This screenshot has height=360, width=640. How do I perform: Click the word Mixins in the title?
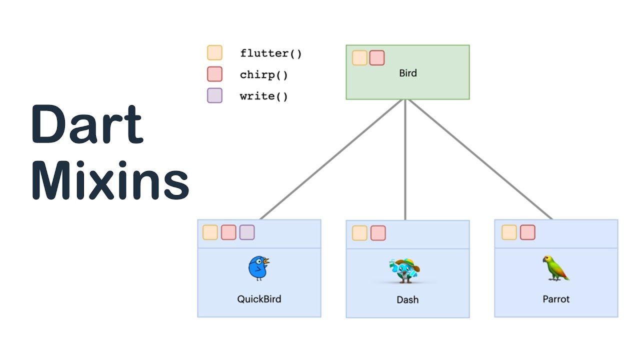pyautogui.click(x=110, y=181)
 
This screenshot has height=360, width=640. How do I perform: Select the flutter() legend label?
pyautogui.click(x=270, y=53)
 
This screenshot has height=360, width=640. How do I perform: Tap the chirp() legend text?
pyautogui.click(x=263, y=75)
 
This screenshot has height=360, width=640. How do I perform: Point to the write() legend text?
pyautogui.click(x=263, y=96)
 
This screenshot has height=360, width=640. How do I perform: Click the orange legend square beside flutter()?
pyautogui.click(x=214, y=53)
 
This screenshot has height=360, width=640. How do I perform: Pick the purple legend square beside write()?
pyautogui.click(x=214, y=95)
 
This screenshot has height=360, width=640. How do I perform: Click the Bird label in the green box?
pyautogui.click(x=407, y=73)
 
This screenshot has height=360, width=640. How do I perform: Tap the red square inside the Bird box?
pyautogui.click(x=376, y=58)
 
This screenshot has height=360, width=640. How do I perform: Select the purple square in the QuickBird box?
pyautogui.click(x=247, y=232)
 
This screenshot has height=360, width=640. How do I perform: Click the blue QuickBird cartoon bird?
pyautogui.click(x=258, y=268)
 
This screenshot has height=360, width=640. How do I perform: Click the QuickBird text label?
pyautogui.click(x=259, y=299)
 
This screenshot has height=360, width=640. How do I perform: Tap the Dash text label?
pyautogui.click(x=407, y=299)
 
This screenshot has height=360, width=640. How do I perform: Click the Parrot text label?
pyautogui.click(x=556, y=299)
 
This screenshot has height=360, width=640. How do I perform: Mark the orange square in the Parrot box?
pyautogui.click(x=509, y=232)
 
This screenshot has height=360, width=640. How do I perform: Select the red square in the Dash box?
pyautogui.click(x=378, y=233)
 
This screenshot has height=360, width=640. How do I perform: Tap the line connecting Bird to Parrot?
pyautogui.click(x=480, y=160)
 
